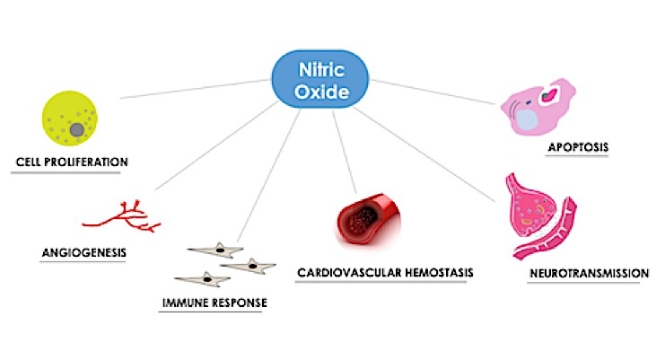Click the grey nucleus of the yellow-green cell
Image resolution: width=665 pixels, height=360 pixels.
click(x=78, y=130)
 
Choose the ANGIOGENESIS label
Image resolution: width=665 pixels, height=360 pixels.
click(x=83, y=252)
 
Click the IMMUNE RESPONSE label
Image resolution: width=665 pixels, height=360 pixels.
click(x=213, y=303)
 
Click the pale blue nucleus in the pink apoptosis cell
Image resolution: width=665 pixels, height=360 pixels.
click(x=530, y=118)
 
